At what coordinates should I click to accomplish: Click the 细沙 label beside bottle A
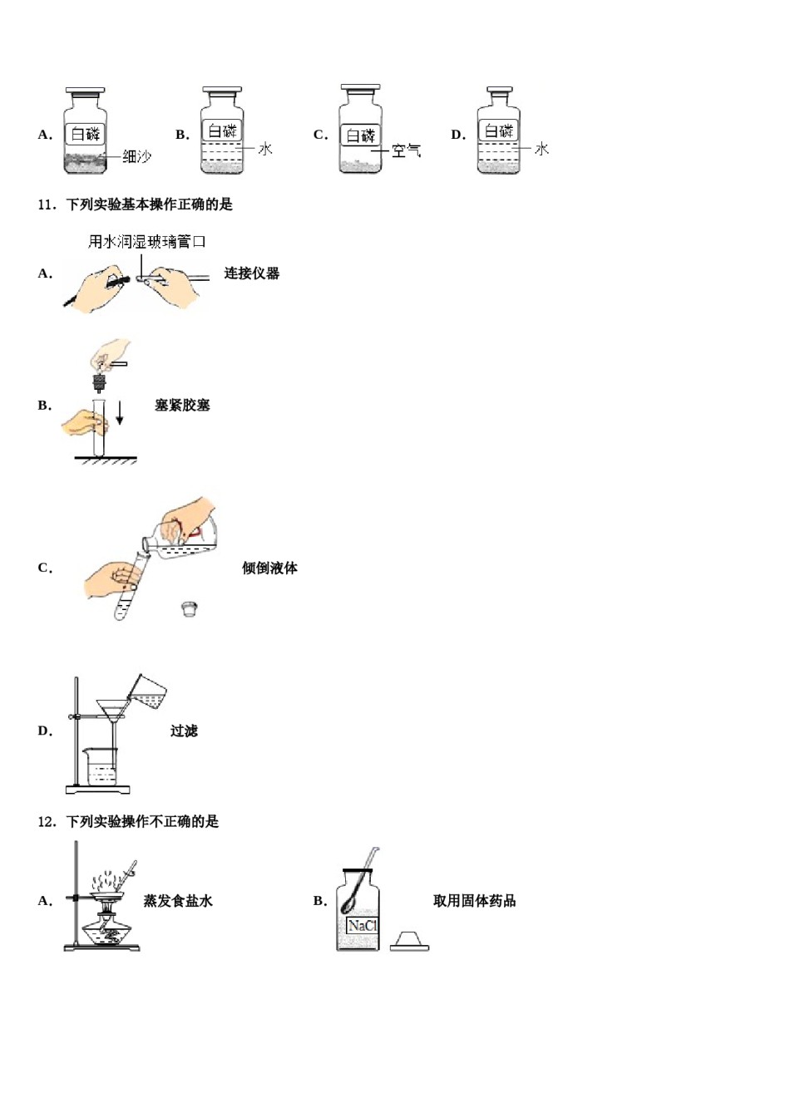pos(136,155)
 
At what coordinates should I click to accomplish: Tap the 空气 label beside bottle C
pos(406,150)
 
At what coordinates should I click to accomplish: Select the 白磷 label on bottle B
pos(222,130)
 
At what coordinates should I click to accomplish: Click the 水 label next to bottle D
pos(541,149)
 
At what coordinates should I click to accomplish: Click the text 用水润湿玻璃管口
pos(146,242)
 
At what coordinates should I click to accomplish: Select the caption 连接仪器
pos(251,273)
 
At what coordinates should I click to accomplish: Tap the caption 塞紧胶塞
pos(182,406)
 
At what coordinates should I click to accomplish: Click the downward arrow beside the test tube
pos(120,413)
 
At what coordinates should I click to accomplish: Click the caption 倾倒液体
pos(269,568)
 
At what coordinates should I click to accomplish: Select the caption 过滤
pos(184,731)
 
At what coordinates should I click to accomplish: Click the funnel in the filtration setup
pos(110,711)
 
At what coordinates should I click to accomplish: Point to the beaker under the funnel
pos(101,765)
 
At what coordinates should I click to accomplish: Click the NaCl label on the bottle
pos(362,926)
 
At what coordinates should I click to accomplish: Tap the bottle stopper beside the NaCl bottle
pos(409,941)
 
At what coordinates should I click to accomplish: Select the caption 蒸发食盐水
pos(178,901)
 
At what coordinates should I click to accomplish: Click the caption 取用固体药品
pos(474,901)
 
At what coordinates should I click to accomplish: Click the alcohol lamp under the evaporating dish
pos(106,931)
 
